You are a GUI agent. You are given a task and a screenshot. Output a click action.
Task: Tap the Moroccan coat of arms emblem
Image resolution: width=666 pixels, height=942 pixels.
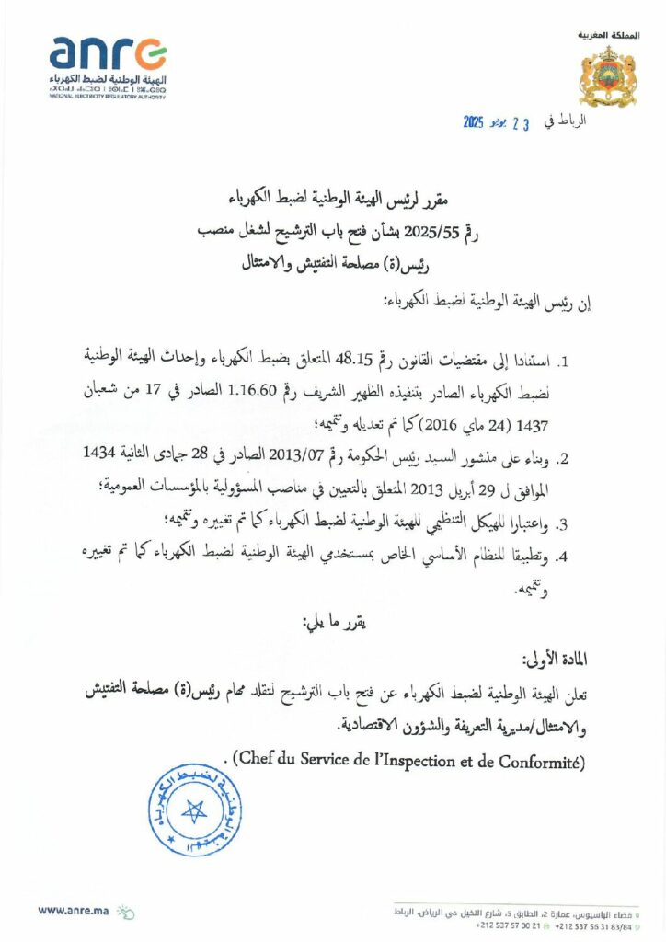pos(606,76)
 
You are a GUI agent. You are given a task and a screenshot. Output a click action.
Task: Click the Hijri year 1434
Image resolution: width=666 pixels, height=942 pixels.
pos(103,457)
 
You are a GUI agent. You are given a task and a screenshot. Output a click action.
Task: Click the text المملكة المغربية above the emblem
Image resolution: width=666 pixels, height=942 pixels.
pos(607,35)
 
